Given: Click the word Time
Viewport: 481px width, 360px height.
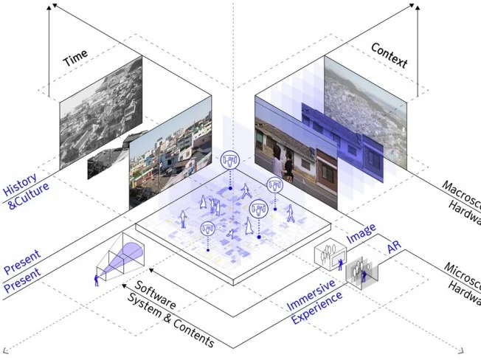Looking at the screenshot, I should [76, 58].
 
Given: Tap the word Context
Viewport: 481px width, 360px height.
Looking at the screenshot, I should [389, 55].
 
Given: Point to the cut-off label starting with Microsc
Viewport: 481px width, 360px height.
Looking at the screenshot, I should [462, 277].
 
